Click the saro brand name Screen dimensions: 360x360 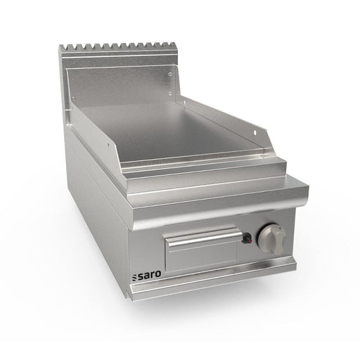147,274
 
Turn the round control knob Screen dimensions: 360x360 272,238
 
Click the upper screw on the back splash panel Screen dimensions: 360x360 171,75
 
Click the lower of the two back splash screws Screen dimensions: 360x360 170,94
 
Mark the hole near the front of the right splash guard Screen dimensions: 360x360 255,133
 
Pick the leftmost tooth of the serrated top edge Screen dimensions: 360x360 61,48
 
